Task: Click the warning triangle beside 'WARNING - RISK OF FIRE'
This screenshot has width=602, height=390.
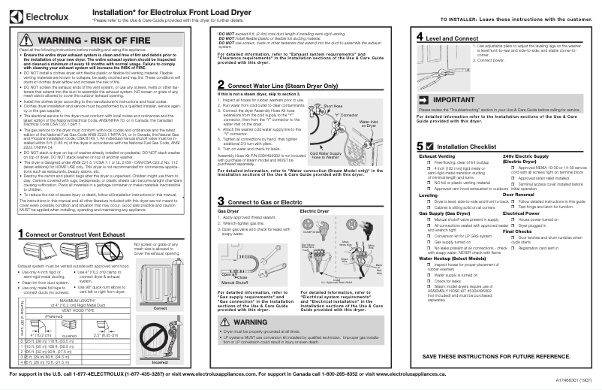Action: point(26,40)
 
